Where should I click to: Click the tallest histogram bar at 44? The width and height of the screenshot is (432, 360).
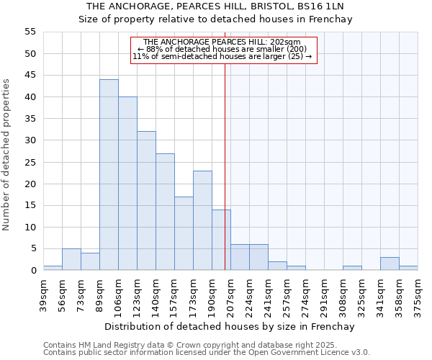tap(109, 175)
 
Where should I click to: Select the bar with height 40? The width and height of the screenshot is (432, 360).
tap(127, 184)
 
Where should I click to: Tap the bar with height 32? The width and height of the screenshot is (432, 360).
tap(146, 201)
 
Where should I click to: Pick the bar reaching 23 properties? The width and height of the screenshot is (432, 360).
tap(202, 220)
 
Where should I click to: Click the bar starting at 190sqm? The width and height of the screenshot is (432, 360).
tap(221, 240)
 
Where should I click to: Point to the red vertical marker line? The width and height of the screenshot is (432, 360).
tap(225, 166)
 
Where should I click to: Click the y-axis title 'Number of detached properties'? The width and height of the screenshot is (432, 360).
tap(7, 155)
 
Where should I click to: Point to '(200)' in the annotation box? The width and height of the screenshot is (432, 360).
tap(297, 49)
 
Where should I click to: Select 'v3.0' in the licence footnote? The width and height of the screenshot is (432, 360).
tap(361, 353)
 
